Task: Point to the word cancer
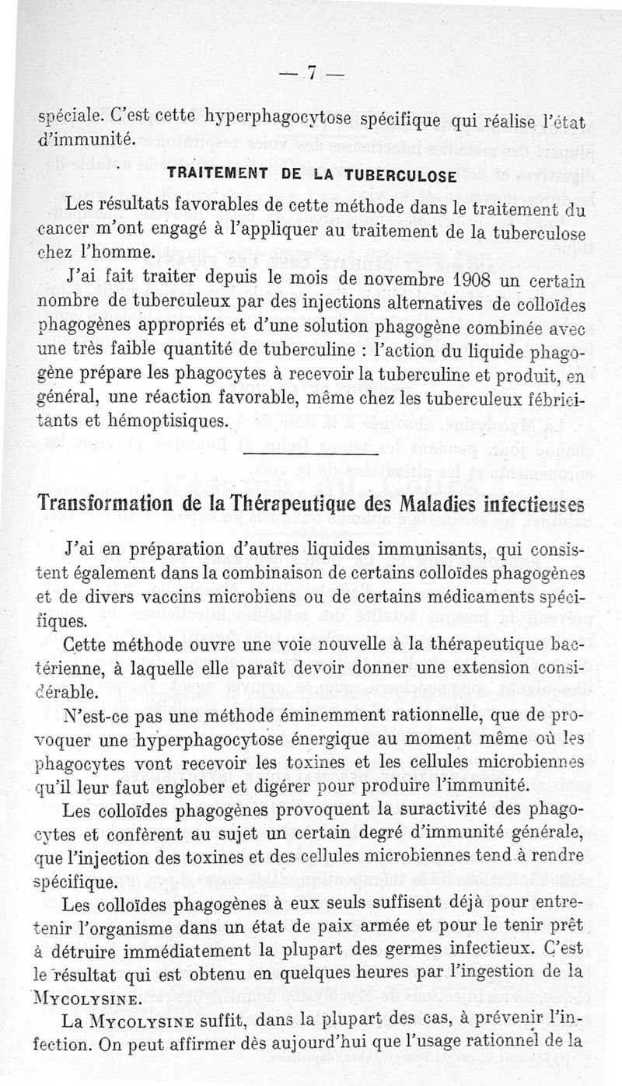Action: coord(65,232)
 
